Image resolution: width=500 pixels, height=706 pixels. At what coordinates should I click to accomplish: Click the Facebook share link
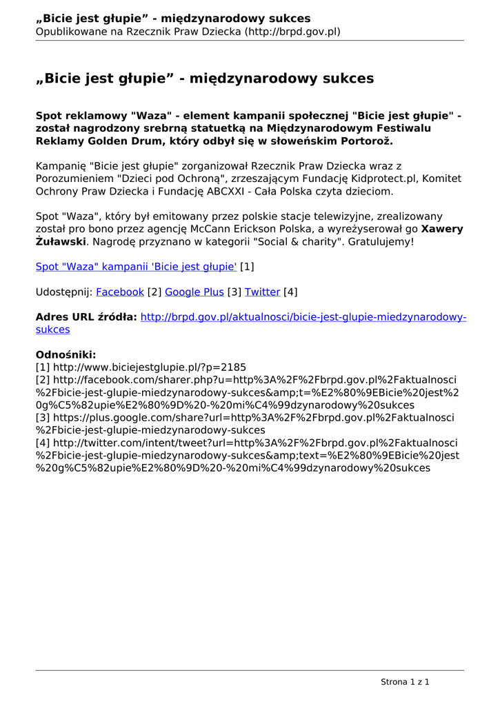point(120,292)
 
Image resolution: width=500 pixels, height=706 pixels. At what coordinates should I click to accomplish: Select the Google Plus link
point(194,292)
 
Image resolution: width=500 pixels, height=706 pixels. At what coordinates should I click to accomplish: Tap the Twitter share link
point(262,292)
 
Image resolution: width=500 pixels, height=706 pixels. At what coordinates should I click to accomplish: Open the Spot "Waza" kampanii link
point(136,266)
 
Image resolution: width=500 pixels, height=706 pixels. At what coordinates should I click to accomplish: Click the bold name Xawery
point(442,229)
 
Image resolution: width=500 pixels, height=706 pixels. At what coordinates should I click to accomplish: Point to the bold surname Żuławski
point(61,242)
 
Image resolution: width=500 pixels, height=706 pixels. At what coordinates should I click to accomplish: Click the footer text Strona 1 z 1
point(405,682)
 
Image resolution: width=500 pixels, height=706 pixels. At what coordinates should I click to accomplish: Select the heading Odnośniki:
point(66,355)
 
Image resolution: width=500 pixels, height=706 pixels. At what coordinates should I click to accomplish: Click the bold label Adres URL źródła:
point(86,317)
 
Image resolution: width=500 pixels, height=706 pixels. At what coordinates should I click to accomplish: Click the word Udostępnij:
point(64,292)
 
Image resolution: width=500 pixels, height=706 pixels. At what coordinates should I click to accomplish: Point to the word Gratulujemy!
point(381,242)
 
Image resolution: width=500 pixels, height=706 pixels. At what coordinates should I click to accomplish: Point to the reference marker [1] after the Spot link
point(247,266)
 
